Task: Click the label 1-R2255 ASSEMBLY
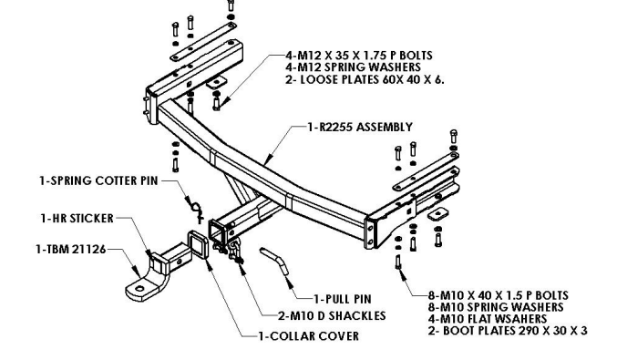point(360,127)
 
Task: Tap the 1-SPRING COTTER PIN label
point(98,181)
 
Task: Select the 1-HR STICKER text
point(77,219)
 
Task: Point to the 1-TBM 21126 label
point(71,250)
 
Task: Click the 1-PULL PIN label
point(343,300)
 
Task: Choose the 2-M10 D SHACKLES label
point(332,316)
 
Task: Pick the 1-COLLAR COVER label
point(308,336)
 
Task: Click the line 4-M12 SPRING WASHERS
point(353,67)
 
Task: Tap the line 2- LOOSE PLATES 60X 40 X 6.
point(365,80)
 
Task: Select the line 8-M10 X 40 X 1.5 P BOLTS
point(499,295)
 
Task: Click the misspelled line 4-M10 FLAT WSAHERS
point(488,319)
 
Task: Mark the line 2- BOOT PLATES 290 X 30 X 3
point(508,331)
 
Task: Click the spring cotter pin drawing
point(196,208)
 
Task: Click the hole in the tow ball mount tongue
point(139,289)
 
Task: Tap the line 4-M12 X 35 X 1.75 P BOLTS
point(359,56)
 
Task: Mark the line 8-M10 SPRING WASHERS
point(496,307)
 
